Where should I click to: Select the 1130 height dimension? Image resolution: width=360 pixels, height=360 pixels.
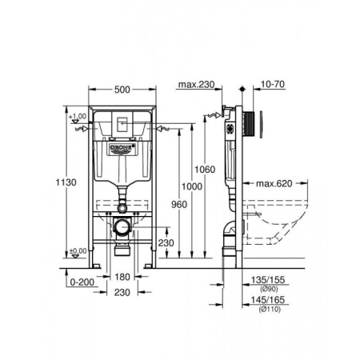tap(70, 183)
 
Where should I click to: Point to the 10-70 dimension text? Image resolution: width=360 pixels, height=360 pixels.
tap(267, 84)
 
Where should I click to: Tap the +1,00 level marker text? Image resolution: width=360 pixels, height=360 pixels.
tap(78, 118)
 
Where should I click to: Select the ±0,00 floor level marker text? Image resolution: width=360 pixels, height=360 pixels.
tap(78, 251)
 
